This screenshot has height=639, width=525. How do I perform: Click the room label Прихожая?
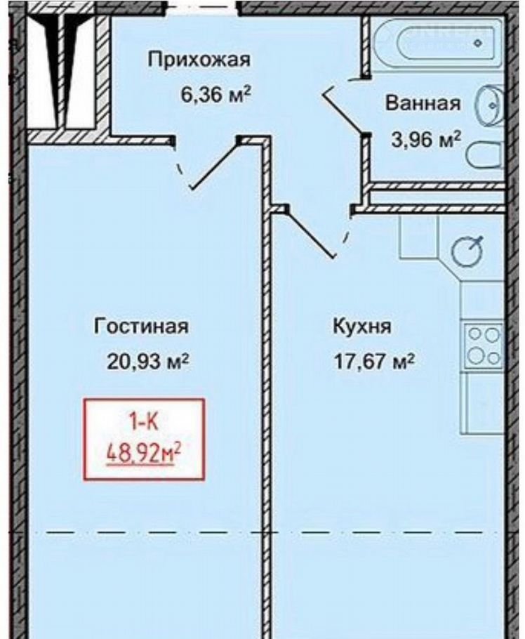199,60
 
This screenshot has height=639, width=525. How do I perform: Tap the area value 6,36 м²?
215,95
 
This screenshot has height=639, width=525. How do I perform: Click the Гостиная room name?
141,327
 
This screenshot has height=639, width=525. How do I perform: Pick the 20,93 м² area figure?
147,361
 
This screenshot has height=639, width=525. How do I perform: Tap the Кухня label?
362,327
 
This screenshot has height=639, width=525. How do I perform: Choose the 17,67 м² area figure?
374,361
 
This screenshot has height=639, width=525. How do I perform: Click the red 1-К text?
143,422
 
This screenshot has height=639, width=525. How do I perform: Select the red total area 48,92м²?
144,454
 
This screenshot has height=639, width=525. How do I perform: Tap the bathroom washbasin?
490,105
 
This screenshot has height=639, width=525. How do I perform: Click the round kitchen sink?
468,251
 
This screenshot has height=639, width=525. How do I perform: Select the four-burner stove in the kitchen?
483,345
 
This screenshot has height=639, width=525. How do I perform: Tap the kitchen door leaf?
310,232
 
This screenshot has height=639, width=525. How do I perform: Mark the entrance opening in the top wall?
203,7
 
